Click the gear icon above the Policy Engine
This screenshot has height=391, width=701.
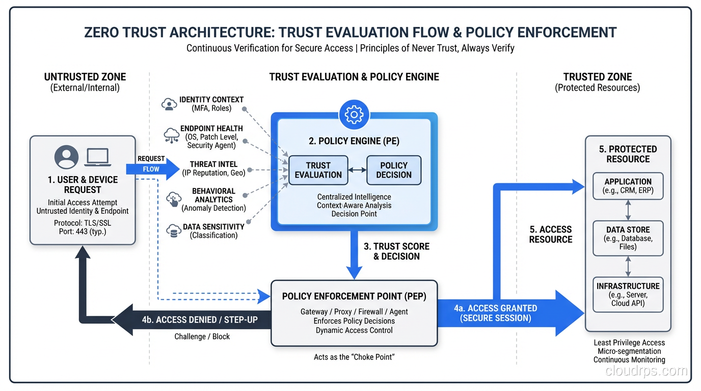(x=354, y=115)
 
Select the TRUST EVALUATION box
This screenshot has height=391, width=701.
(x=318, y=170)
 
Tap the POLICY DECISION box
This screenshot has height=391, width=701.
(x=394, y=170)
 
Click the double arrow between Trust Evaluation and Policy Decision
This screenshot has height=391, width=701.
(x=357, y=170)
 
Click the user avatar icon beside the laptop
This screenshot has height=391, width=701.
(x=67, y=157)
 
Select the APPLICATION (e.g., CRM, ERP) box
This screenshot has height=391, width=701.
(x=628, y=186)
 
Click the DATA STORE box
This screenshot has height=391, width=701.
(x=628, y=238)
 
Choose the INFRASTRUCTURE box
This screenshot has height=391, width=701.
(x=628, y=294)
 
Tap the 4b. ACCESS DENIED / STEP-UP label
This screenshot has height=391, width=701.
(x=200, y=320)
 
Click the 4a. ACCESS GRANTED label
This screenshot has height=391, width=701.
(x=495, y=313)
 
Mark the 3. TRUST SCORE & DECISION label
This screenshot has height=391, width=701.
(x=396, y=251)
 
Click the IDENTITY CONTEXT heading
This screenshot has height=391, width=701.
(x=211, y=99)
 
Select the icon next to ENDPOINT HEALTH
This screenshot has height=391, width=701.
(x=171, y=135)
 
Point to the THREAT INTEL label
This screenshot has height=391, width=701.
(x=213, y=164)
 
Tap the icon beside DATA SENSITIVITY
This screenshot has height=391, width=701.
(x=174, y=231)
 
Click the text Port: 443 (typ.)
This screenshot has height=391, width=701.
(x=83, y=231)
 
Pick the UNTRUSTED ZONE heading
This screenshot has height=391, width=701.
(x=85, y=77)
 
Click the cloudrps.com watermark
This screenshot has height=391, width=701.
(x=646, y=371)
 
